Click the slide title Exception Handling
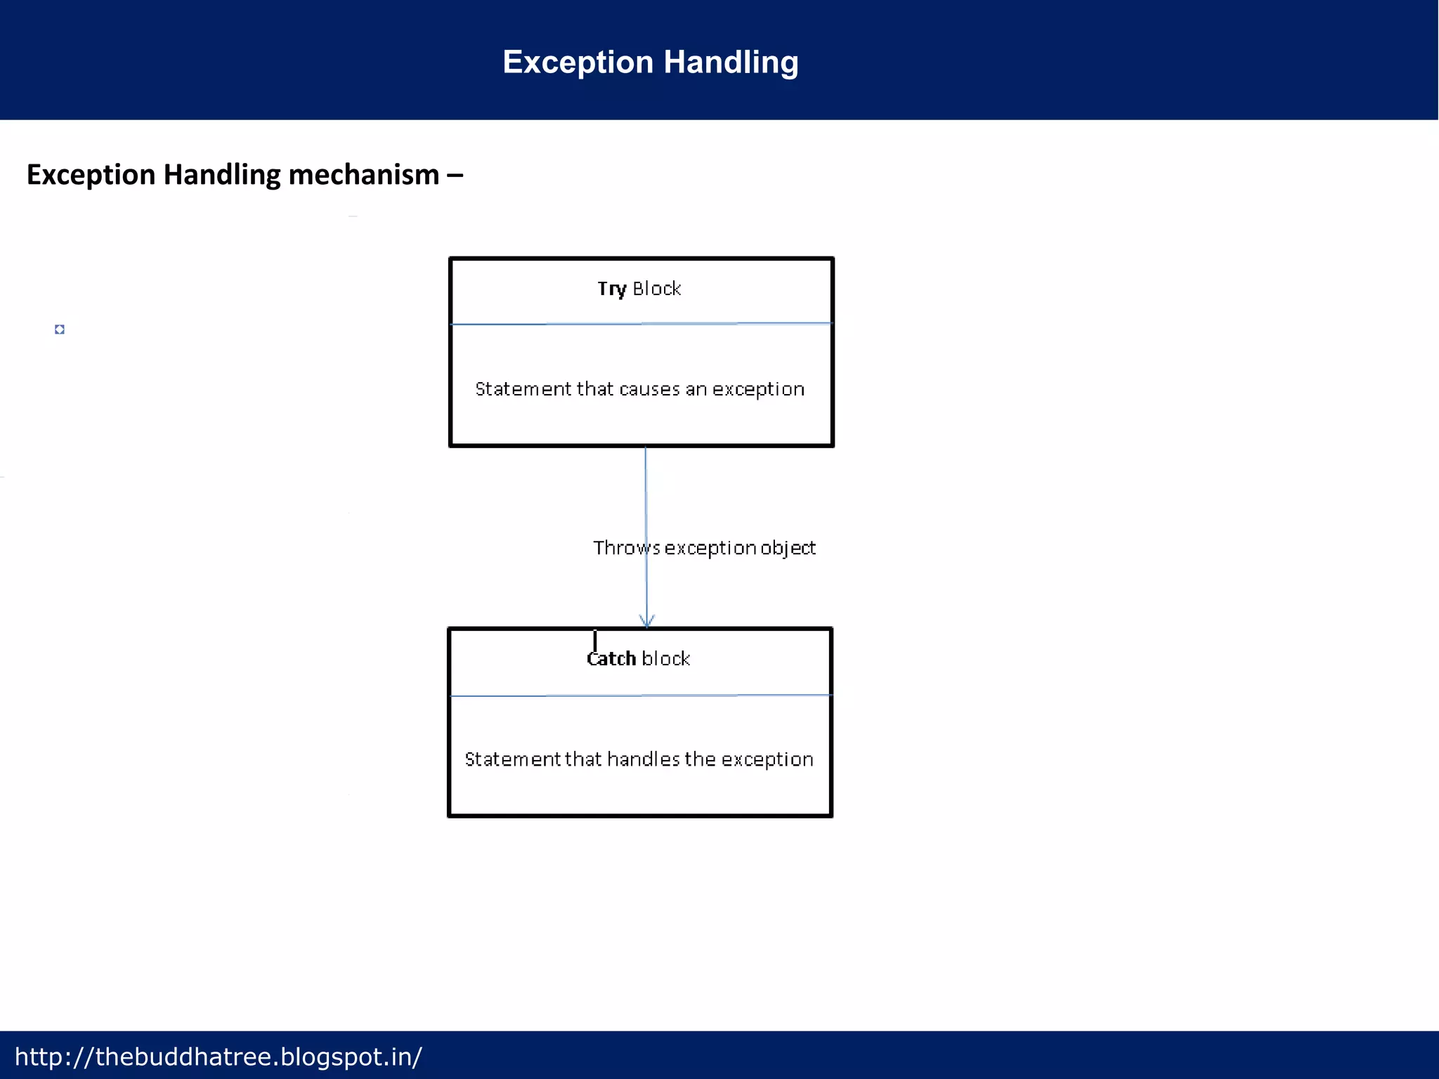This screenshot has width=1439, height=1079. pos(650,62)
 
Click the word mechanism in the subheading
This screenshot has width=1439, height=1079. pos(363,175)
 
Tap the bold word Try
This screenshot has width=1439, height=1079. pos(611,289)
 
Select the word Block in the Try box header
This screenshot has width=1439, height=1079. pos(656,289)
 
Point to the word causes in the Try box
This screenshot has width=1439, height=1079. pos(649,389)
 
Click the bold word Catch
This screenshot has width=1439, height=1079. pos(611,659)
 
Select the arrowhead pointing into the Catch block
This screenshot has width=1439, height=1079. pos(647,620)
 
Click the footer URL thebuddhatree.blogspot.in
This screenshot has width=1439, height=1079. pos(218,1057)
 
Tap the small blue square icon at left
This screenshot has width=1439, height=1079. pos(60,329)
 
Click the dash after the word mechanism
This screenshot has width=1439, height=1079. pos(455,175)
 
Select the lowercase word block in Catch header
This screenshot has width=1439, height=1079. pos(665,659)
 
